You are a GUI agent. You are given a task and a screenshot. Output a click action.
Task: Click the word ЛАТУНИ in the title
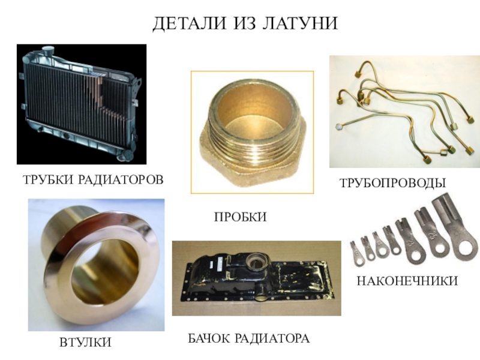(300, 23)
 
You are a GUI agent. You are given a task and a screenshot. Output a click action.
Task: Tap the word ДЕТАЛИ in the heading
(190, 23)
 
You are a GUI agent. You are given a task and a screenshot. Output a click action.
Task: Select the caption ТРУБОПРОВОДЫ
(393, 183)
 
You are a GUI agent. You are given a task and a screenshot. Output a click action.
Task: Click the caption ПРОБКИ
(241, 217)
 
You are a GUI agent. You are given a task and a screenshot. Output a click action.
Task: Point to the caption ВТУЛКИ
(85, 342)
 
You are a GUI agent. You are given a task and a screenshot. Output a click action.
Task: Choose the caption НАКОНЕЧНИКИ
(407, 281)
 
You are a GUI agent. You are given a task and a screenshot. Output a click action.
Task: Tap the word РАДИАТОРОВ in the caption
(121, 179)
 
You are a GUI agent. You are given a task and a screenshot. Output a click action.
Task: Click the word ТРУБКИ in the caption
(48, 179)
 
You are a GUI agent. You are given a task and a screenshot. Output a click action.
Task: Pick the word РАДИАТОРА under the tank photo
(272, 338)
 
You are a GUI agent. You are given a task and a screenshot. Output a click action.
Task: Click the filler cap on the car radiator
(48, 50)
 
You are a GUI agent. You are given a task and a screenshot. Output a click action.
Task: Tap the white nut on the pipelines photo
(339, 127)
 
